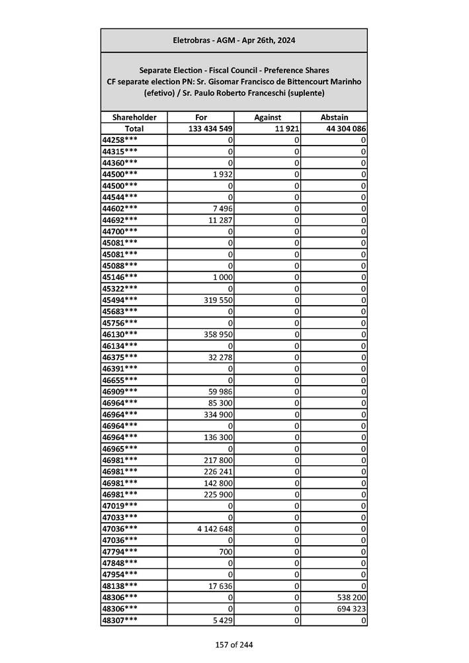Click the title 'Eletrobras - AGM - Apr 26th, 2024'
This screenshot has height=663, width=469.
[234, 40]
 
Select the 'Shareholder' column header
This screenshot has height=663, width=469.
[134, 117]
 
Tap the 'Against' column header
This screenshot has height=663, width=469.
[268, 117]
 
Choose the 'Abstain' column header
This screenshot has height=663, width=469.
[334, 117]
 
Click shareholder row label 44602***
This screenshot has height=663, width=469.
[120, 208]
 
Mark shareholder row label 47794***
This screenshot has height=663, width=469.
[120, 551]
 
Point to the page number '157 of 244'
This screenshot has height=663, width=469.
[234, 645]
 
